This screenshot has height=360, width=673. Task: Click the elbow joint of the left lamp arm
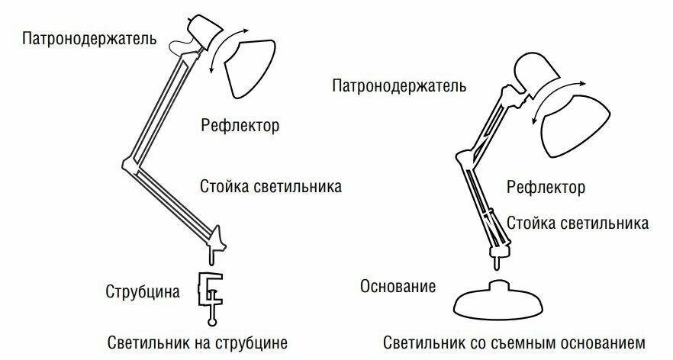[x=127, y=163]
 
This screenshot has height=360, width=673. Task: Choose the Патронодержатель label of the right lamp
[x=400, y=86]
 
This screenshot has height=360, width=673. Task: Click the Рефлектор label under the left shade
[x=240, y=124]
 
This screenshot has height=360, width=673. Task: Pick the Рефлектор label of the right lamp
[x=546, y=187]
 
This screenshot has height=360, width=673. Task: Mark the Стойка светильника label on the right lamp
[x=578, y=223]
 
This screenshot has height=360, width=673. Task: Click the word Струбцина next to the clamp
[x=143, y=291]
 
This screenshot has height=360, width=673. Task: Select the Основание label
[x=398, y=287]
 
